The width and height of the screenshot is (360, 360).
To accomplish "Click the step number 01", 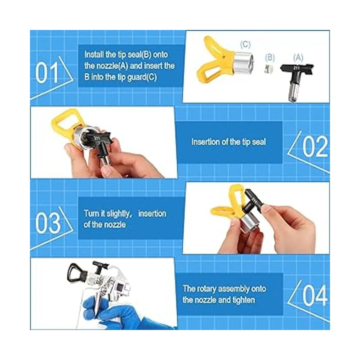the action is pyautogui.click(x=47, y=73).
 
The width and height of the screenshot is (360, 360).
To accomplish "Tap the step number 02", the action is pyautogui.click(x=315, y=146).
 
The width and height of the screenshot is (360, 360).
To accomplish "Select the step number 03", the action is pyautogui.click(x=48, y=223).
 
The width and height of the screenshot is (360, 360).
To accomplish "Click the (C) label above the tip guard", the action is pyautogui.click(x=245, y=44).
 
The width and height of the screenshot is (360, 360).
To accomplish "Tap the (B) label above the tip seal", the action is pyautogui.click(x=270, y=58).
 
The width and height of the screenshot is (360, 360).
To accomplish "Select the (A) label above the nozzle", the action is pyautogui.click(x=298, y=58).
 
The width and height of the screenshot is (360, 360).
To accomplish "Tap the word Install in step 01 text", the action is pyautogui.click(x=94, y=55).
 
